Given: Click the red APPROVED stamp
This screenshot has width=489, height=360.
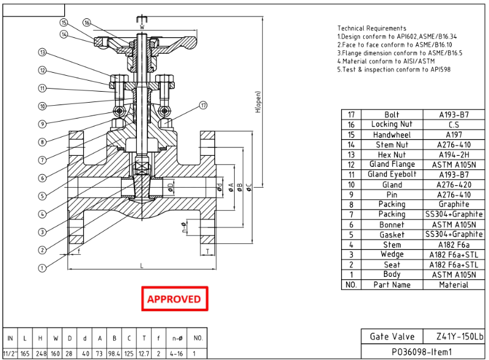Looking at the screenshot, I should [174, 299].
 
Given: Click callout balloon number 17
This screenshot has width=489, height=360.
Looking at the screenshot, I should [204, 106].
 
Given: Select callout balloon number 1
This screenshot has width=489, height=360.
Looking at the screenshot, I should [42, 267].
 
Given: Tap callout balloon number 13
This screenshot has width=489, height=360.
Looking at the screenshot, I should [42, 53].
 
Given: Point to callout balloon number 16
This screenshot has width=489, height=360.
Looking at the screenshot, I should [87, 23].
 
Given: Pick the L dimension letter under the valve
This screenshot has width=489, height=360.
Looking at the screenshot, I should [141, 265].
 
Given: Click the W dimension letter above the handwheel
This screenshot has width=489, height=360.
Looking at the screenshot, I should [141, 27].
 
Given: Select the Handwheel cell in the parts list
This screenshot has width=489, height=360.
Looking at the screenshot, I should [392, 134].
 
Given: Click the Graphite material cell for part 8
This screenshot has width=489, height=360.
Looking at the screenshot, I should [454, 204].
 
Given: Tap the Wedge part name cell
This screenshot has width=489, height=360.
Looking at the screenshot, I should [392, 254].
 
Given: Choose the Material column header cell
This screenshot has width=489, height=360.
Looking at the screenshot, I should [454, 285].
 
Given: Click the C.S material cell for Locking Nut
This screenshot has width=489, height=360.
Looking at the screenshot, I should [454, 125].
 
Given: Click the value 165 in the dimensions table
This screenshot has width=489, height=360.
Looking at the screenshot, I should [24, 354].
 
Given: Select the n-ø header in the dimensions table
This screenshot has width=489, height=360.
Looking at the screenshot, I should [177, 338].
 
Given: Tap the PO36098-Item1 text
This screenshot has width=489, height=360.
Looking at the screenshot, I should [421, 352].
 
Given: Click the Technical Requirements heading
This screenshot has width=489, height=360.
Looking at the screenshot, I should [372, 28].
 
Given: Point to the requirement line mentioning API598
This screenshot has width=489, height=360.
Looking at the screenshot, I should [394, 70].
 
